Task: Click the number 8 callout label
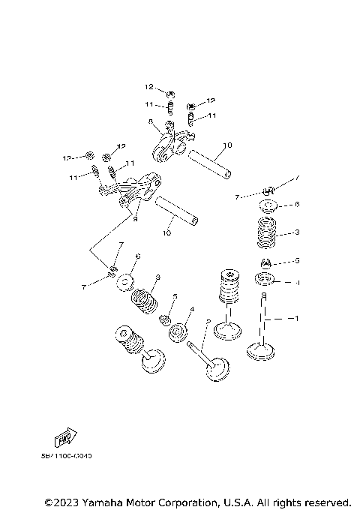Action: pos(151,121)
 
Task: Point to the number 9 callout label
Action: pos(135,219)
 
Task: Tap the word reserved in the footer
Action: pos(326,501)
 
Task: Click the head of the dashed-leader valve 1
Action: pos(263,349)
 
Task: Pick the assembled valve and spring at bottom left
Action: pos(141,352)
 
